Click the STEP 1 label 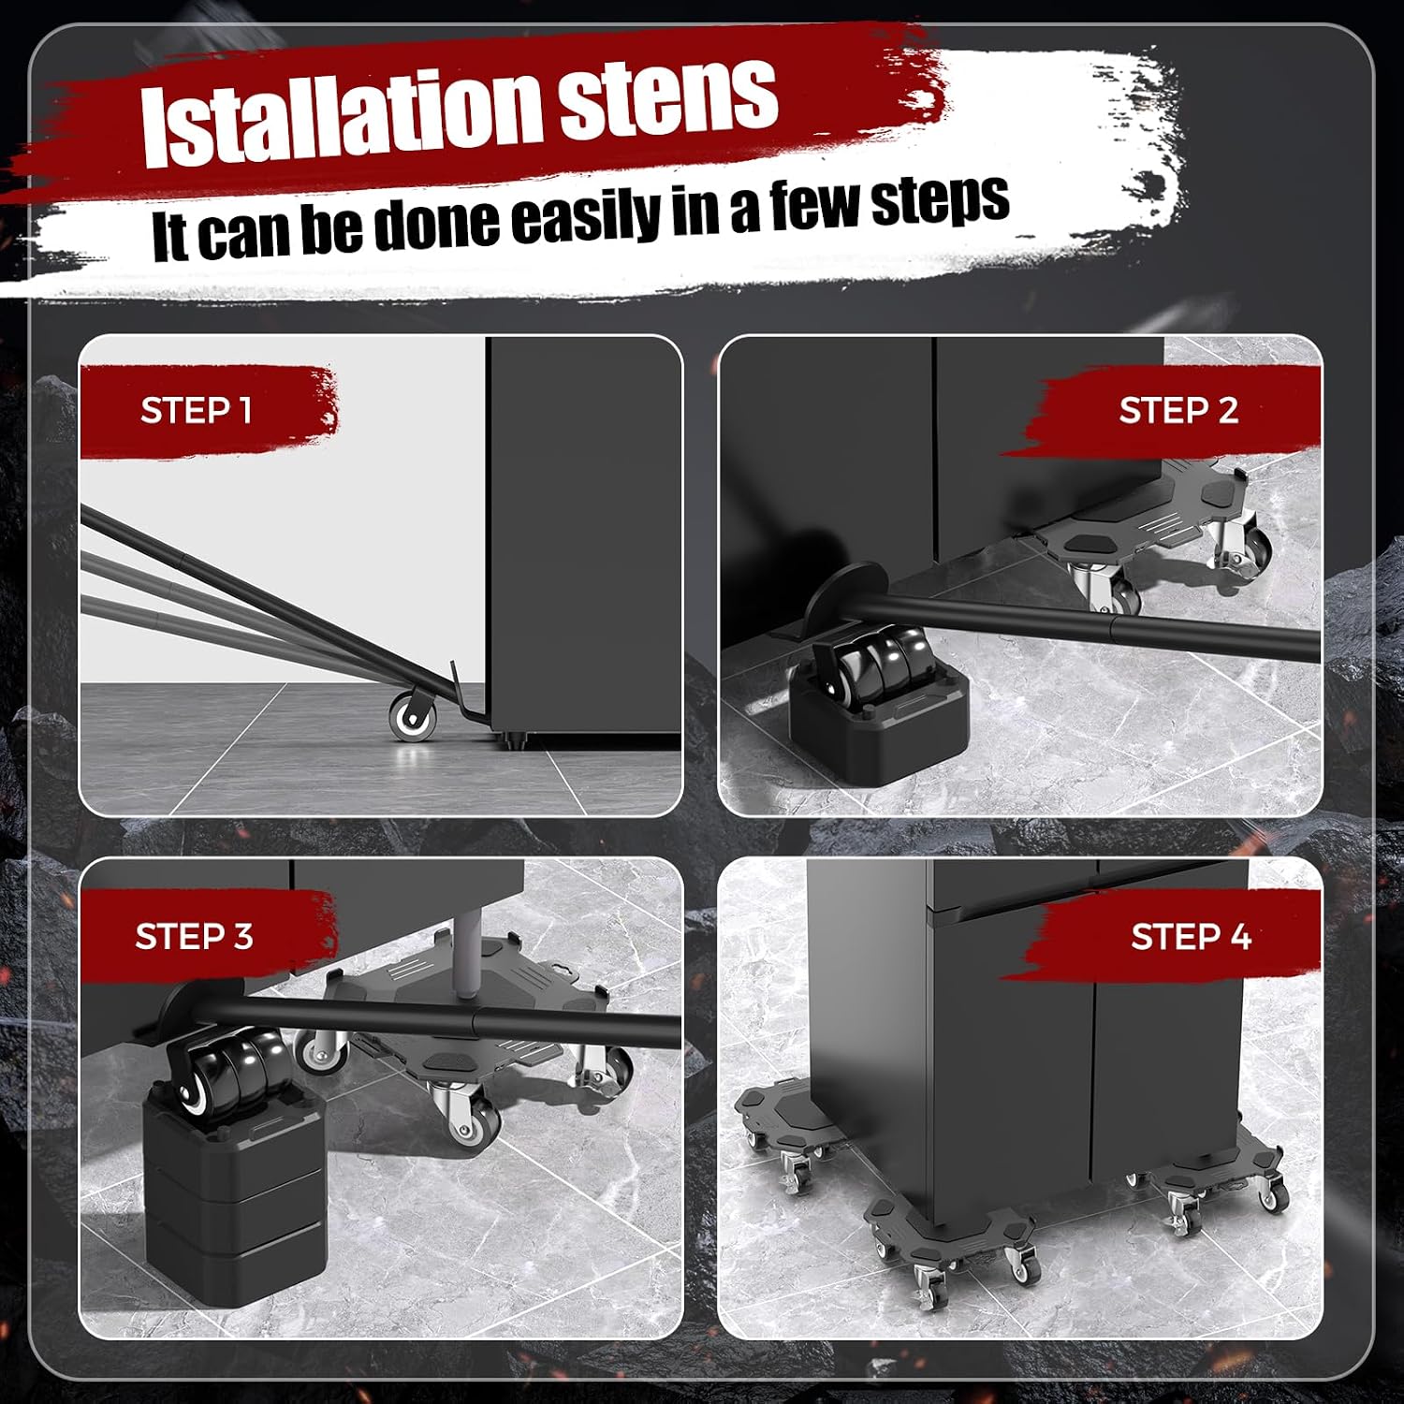click(196, 410)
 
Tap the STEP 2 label click(1178, 410)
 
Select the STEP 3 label click(194, 936)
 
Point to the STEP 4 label click(1191, 936)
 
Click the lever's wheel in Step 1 click(412, 716)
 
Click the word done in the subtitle click(436, 225)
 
